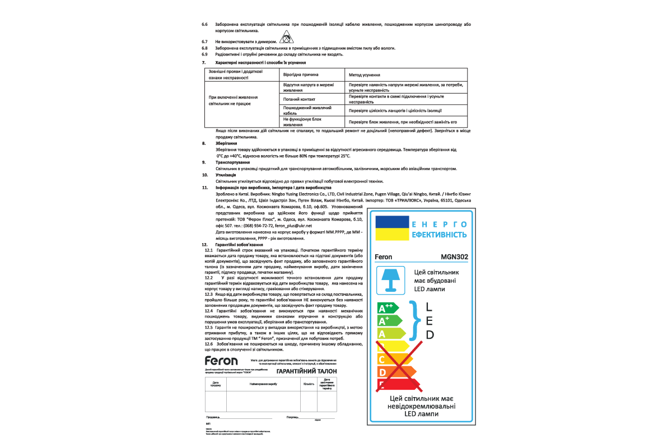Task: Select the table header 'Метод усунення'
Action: [365, 74]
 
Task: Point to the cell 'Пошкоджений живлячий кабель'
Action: [308, 109]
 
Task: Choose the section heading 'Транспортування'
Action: [232, 162]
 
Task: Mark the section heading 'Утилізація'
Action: [226, 175]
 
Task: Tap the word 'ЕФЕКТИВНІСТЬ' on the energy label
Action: [439, 235]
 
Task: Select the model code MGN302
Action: [454, 257]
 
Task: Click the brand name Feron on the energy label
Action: [383, 257]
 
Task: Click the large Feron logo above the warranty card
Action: [221, 361]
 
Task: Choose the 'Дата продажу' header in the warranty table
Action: [216, 384]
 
